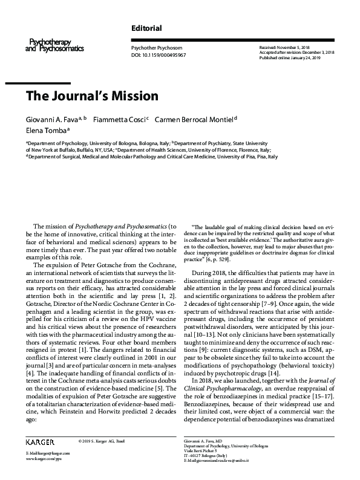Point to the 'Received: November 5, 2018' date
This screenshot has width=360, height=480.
(285, 47)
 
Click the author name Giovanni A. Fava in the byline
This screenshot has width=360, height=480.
(53, 119)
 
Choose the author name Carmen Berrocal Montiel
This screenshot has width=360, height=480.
(194, 119)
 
